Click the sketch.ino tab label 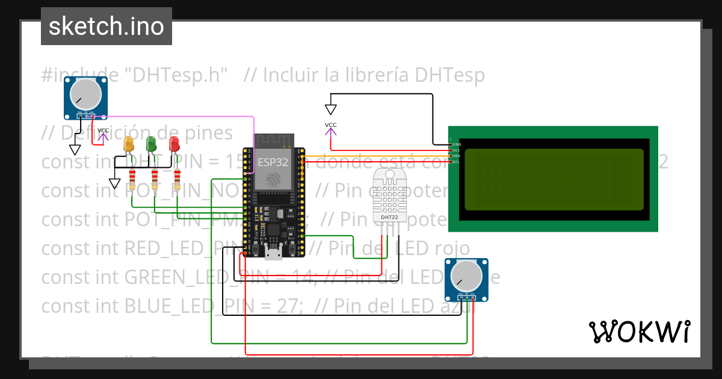pos(106,26)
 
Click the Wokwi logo pos(639,331)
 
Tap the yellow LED pos(128,144)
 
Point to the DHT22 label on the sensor pos(389,217)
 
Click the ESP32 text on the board pos(273,162)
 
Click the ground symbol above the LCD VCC pos(331,109)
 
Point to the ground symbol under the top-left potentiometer pos(75,149)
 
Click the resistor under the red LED pos(177,179)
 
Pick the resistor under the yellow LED pos(132,179)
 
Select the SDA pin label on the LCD pos(456,156)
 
